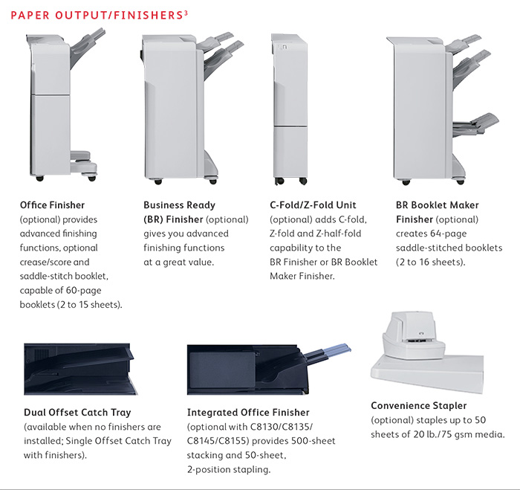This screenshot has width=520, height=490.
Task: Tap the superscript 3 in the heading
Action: click(184, 11)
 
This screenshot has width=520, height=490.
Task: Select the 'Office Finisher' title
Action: click(52, 205)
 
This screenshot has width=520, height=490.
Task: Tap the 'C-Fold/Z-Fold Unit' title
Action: click(313, 205)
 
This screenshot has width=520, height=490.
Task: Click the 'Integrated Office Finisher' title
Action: click(248, 413)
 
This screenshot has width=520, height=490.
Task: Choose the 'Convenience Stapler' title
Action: click(419, 406)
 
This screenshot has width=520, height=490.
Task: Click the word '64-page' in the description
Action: click(446, 233)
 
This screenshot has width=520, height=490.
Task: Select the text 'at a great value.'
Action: click(178, 262)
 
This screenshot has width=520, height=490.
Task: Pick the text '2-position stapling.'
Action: click(228, 469)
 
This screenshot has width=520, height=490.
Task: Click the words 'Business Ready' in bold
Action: click(179, 205)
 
